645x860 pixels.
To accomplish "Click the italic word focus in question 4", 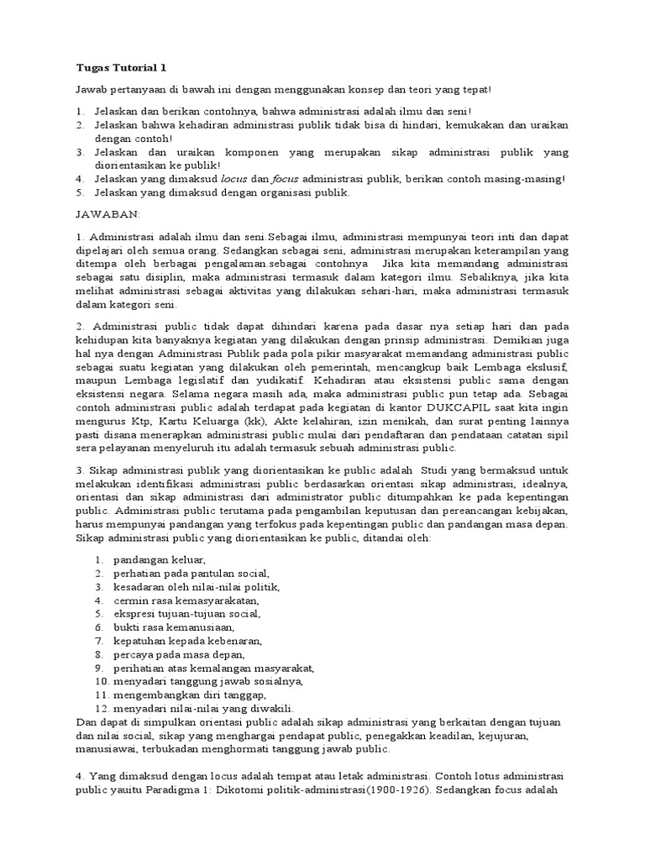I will tap(286, 179).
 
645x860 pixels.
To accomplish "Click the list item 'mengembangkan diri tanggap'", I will tap(191, 695).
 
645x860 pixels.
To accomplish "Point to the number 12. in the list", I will tap(102, 708).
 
